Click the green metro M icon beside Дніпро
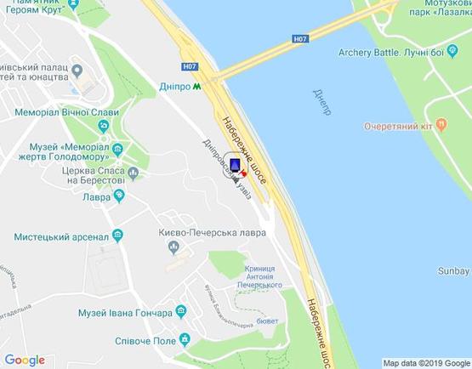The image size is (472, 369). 197,86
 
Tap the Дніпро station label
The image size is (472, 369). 175,86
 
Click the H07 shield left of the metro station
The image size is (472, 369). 190,67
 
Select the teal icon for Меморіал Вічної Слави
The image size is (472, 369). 104,126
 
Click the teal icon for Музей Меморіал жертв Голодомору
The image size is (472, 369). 118,150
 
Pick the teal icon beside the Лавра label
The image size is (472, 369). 118,195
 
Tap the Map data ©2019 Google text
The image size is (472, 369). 425,362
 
